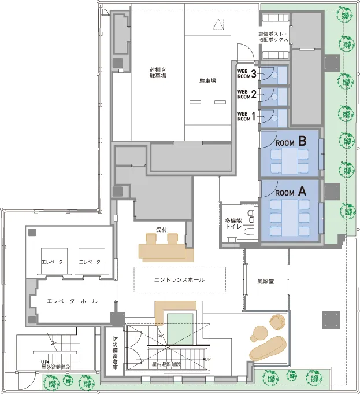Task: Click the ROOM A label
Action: point(291,192)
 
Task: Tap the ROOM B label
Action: point(291,142)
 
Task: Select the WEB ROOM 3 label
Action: point(247,74)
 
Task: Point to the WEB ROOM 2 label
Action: point(247,94)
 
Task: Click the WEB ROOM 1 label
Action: point(246,116)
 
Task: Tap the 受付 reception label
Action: point(161,230)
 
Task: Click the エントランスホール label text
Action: point(179,279)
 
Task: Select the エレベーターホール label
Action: point(72,301)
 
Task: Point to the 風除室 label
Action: point(266,282)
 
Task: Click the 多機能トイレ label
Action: point(233,223)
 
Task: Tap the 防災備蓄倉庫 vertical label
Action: point(115,353)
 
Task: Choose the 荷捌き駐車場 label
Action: point(158,72)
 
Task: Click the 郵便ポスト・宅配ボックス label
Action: point(273,36)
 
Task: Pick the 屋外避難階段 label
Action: point(55,367)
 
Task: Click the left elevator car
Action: point(54,262)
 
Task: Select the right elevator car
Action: point(92,262)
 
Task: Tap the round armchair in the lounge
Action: point(277,321)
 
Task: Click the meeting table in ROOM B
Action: point(290,161)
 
